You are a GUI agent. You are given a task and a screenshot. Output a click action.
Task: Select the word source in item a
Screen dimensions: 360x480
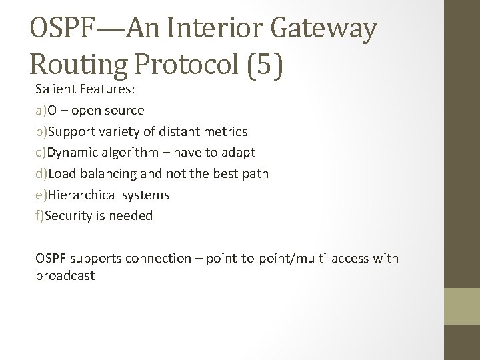click(x=123, y=109)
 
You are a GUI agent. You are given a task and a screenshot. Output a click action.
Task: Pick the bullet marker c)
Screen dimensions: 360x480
click(x=41, y=152)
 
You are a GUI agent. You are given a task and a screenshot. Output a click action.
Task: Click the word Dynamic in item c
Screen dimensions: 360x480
click(x=71, y=152)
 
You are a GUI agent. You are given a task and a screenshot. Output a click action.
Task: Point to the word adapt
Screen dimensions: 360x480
click(x=239, y=152)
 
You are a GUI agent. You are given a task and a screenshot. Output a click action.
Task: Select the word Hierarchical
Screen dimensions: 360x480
click(x=83, y=195)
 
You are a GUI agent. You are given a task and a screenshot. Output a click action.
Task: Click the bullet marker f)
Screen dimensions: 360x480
click(x=41, y=215)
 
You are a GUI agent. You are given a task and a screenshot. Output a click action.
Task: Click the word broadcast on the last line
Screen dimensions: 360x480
click(x=65, y=275)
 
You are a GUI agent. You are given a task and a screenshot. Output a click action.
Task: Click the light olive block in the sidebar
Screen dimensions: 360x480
click(x=462, y=306)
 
